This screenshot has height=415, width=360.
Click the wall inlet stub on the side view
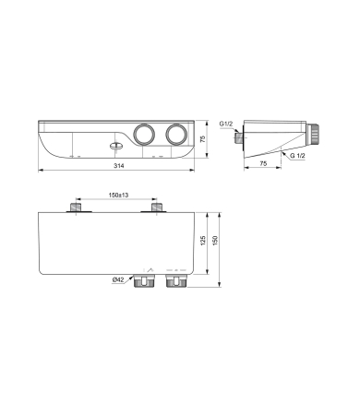tap(240, 138)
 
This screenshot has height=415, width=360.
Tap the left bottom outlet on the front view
tap(143, 282)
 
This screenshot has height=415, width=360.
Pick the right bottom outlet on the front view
tap(174, 282)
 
